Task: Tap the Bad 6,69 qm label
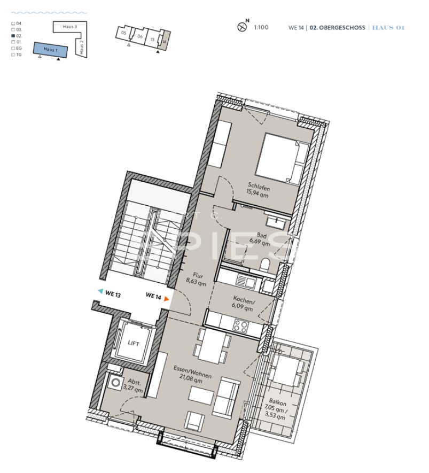[261, 238]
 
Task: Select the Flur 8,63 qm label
[196, 280]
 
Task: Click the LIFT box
[133, 344]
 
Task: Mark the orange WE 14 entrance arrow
[167, 299]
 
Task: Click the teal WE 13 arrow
[100, 292]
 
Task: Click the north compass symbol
[241, 26]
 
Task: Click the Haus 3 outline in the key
[69, 27]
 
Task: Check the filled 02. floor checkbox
[13, 36]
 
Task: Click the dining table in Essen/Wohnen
[213, 346]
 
